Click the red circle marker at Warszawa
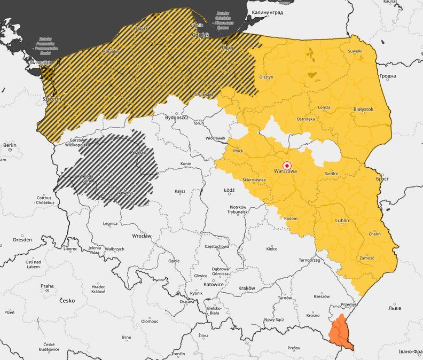pos(287,165)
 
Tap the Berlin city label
pos(10,145)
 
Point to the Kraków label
pos(247,288)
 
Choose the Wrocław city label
pos(142,236)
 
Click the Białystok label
pos(363,109)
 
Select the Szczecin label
pos(52,99)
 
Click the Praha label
pos(47,286)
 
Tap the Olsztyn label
pos(266,77)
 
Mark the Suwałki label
pos(355,51)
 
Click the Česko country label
pos(67,301)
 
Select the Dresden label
pos(22,240)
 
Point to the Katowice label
pos(214,285)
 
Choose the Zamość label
pos(367,257)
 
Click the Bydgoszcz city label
pos(177,117)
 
